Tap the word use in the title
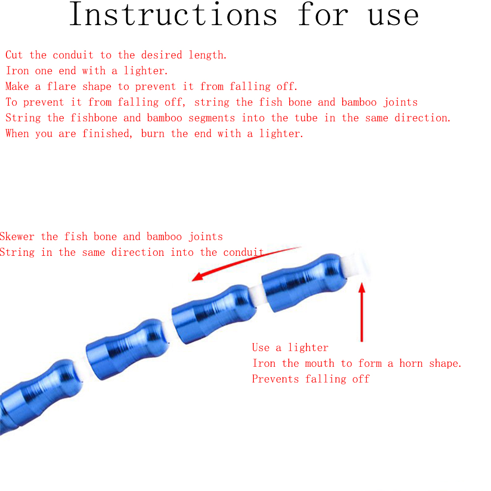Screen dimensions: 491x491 [393, 16]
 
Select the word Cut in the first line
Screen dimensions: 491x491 [14, 55]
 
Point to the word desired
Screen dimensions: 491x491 [162, 55]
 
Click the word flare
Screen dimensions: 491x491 [62, 86]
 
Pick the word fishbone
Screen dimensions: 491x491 [94, 118]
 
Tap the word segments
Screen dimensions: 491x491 [212, 118]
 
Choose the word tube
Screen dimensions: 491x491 [306, 118]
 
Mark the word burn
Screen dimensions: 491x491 [153, 134]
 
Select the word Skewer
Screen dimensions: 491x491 [17, 237]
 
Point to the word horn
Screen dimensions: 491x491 [411, 363]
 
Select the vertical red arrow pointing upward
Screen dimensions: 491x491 [362, 312]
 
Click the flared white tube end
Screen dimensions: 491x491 [357, 265]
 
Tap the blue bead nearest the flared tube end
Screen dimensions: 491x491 [304, 282]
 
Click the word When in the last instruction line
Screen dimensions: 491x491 [17, 134]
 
